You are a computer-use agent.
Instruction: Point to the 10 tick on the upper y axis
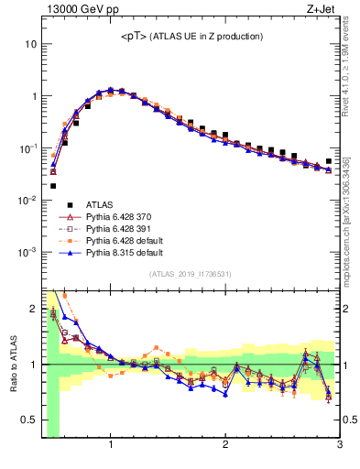click(x=30, y=44)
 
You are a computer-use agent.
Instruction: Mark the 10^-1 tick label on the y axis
click(x=27, y=148)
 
